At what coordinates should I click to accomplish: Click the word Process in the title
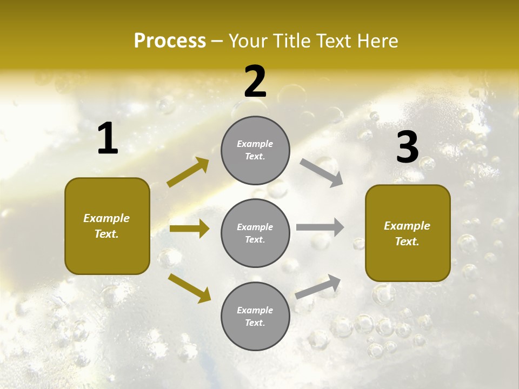click(170, 41)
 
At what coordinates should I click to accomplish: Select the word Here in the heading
click(377, 41)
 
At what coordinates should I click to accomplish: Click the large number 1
click(108, 139)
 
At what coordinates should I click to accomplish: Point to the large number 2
click(255, 82)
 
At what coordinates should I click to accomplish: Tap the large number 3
click(407, 147)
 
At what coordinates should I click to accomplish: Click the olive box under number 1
click(107, 226)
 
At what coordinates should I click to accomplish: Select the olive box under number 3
click(408, 233)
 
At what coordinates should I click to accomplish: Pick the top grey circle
click(255, 150)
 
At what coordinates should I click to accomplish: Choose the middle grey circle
click(255, 233)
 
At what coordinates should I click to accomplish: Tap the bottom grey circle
click(255, 316)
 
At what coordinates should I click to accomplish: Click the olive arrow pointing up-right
click(188, 172)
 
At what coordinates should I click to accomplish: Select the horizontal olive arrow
click(189, 229)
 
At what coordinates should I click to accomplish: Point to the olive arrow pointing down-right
click(189, 288)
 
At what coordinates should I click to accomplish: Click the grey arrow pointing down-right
click(321, 172)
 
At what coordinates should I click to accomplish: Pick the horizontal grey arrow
click(320, 227)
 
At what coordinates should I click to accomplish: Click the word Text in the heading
click(334, 41)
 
